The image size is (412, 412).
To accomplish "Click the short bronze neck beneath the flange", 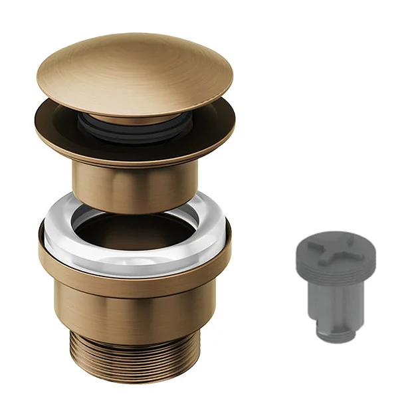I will [133, 186].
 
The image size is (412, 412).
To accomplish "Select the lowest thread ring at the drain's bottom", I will [133, 376].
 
